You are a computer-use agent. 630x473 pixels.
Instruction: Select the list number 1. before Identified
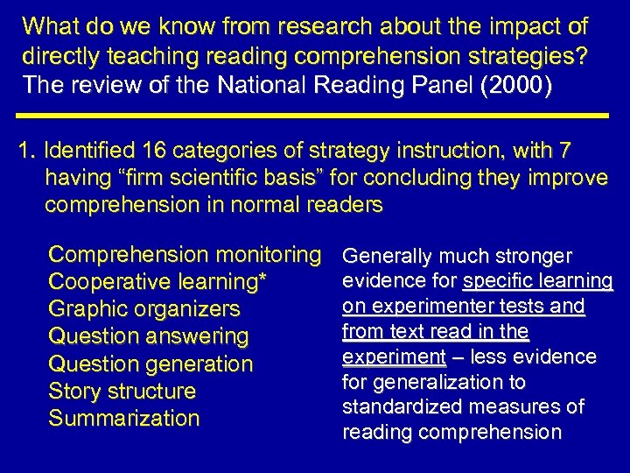tap(26, 151)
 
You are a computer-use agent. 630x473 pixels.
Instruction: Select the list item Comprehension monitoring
tap(185, 255)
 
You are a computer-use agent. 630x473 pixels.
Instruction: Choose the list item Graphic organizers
tap(143, 309)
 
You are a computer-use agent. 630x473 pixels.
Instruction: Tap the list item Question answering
tap(149, 336)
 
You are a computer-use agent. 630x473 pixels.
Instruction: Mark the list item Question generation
tap(150, 364)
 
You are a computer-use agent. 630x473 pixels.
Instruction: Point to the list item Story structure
tap(122, 391)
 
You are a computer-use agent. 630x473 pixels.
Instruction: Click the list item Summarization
tap(124, 418)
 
